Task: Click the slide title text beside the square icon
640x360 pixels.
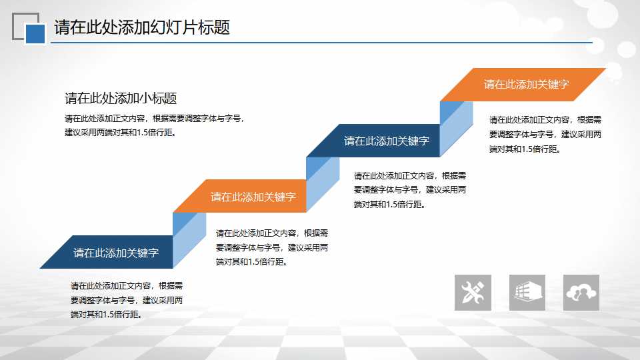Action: click(142, 27)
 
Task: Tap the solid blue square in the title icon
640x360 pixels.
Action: click(35, 34)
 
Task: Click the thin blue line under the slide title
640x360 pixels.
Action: click(321, 42)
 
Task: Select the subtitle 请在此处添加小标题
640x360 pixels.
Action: click(121, 99)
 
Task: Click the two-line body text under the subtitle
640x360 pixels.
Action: click(155, 125)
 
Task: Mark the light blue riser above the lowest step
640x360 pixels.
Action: click(189, 240)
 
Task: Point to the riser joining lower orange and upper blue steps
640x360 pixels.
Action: click(323, 185)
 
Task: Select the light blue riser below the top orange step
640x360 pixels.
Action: click(456, 129)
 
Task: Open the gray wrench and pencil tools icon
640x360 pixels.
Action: click(473, 293)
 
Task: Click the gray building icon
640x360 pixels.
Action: click(527, 293)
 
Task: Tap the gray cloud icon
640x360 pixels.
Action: click(581, 293)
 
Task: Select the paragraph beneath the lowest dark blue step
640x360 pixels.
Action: click(127, 300)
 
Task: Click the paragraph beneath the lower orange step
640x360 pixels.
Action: click(272, 247)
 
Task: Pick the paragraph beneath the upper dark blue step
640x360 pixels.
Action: click(410, 190)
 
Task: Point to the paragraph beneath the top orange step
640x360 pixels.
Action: click(545, 134)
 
